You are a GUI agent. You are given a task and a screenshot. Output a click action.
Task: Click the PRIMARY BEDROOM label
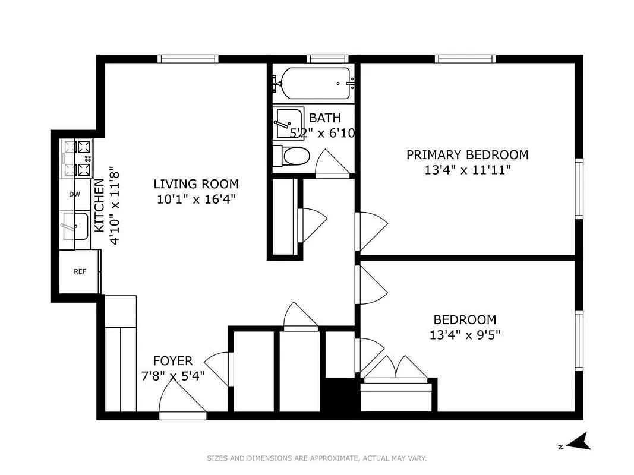tap(467, 155)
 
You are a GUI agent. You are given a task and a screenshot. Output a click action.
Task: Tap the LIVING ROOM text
tap(196, 184)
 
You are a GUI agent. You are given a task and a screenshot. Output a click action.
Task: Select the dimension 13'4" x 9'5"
tap(465, 335)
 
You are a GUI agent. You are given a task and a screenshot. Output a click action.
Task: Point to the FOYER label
tap(173, 361)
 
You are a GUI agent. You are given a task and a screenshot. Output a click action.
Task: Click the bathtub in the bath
tap(315, 84)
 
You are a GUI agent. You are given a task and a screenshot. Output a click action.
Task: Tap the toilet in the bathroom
tap(292, 157)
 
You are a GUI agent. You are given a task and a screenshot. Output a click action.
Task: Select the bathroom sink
tap(288, 122)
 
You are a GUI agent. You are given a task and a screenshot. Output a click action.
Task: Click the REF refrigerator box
tap(80, 271)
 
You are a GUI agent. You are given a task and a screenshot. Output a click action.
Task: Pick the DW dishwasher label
tap(74, 194)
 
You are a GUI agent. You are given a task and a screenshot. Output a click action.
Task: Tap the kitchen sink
tap(75, 224)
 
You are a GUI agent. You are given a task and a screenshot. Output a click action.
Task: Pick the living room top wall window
tap(188, 58)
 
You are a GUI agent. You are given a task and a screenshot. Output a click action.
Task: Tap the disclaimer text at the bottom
tap(317, 458)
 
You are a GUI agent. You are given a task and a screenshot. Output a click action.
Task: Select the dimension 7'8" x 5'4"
tap(173, 375)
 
